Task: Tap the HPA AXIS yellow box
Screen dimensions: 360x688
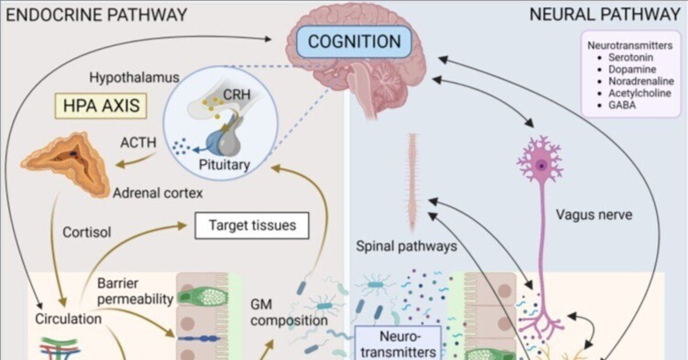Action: tap(101, 105)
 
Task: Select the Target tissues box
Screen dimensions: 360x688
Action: tap(252, 225)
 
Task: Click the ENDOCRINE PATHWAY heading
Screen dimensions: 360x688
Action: tap(97, 15)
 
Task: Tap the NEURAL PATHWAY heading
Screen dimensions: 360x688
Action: tap(605, 15)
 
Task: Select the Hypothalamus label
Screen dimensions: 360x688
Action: tap(134, 78)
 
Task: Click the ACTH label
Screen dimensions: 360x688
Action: tap(138, 143)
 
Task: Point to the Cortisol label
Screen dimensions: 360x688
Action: tap(87, 233)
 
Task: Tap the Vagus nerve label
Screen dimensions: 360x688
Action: tap(594, 215)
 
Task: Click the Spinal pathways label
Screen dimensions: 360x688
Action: tap(406, 247)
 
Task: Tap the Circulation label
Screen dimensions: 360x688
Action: tap(68, 319)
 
